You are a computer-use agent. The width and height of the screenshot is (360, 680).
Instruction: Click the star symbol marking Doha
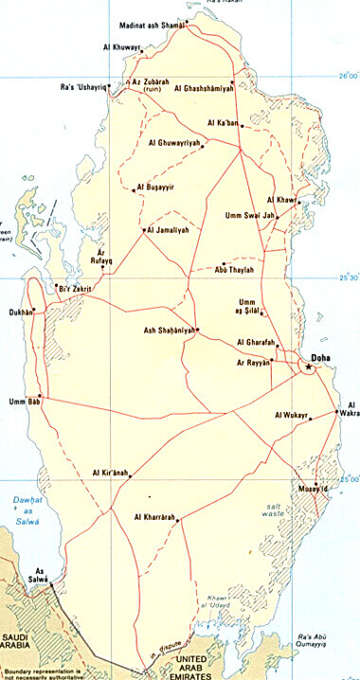(x=308, y=367)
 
